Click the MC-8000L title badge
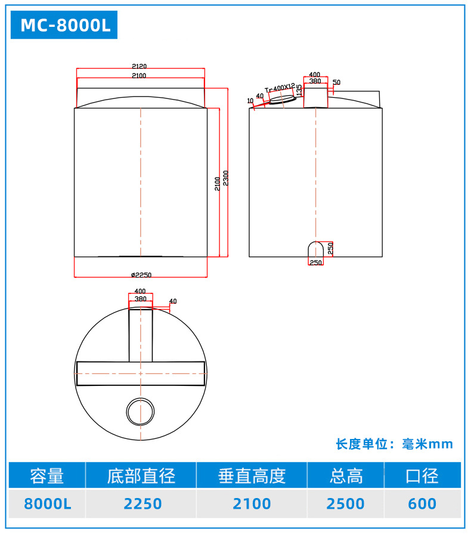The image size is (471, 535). click(x=65, y=26)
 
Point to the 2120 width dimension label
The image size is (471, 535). click(x=140, y=66)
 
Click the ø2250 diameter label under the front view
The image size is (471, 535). click(x=141, y=275)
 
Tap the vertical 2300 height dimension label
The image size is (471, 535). click(x=225, y=178)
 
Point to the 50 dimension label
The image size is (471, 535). click(x=337, y=82)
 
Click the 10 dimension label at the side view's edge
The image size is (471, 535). click(x=250, y=100)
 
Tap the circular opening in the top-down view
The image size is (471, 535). click(x=141, y=411)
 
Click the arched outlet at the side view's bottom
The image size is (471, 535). click(x=315, y=249)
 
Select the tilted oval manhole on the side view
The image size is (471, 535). click(x=281, y=100)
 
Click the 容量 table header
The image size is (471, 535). click(x=47, y=476)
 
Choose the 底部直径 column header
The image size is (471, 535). click(x=141, y=476)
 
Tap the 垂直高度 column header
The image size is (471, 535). click(x=252, y=476)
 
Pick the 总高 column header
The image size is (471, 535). click(x=346, y=476)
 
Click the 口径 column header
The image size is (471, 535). click(x=422, y=476)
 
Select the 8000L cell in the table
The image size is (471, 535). click(x=47, y=503)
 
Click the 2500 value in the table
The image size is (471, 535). click(x=346, y=503)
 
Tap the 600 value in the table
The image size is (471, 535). click(x=422, y=503)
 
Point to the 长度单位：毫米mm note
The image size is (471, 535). click(x=394, y=444)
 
